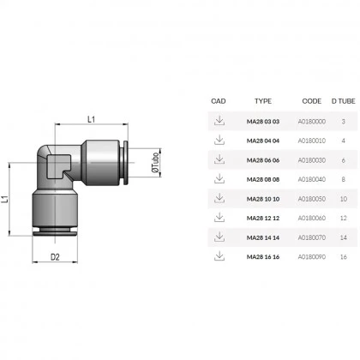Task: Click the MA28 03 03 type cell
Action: [x=263, y=122]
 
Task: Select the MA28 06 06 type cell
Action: [x=263, y=160]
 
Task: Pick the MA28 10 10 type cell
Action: [x=263, y=199]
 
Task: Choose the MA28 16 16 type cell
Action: [x=263, y=256]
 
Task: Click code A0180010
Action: [x=310, y=141]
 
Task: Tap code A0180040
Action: [x=310, y=179]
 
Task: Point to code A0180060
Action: [x=310, y=218]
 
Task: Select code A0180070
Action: [x=310, y=237]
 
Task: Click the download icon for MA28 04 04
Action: [x=219, y=140]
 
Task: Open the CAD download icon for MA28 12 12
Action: [x=219, y=217]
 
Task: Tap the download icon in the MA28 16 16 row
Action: [x=219, y=255]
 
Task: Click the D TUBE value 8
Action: [x=344, y=179]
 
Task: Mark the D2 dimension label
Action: [x=54, y=256]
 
